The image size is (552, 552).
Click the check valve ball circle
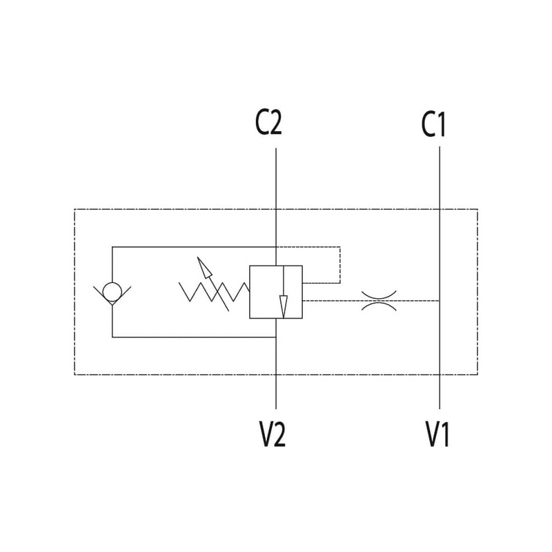(x=112, y=289)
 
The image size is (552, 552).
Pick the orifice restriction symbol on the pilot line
(x=377, y=300)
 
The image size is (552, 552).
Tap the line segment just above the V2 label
(x=276, y=393)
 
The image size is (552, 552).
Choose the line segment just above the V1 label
(x=440, y=393)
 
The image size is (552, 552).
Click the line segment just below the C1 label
(x=440, y=172)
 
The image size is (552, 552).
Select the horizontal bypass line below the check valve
(x=193, y=337)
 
